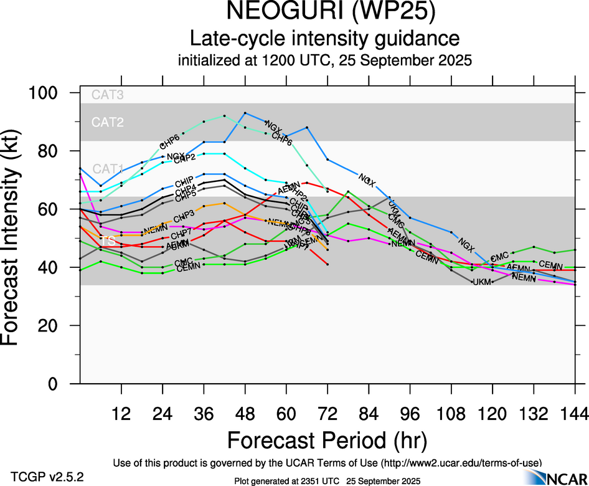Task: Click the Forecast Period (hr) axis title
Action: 327,440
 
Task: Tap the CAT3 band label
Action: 107,95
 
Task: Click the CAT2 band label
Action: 107,122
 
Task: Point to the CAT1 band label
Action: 107,169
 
